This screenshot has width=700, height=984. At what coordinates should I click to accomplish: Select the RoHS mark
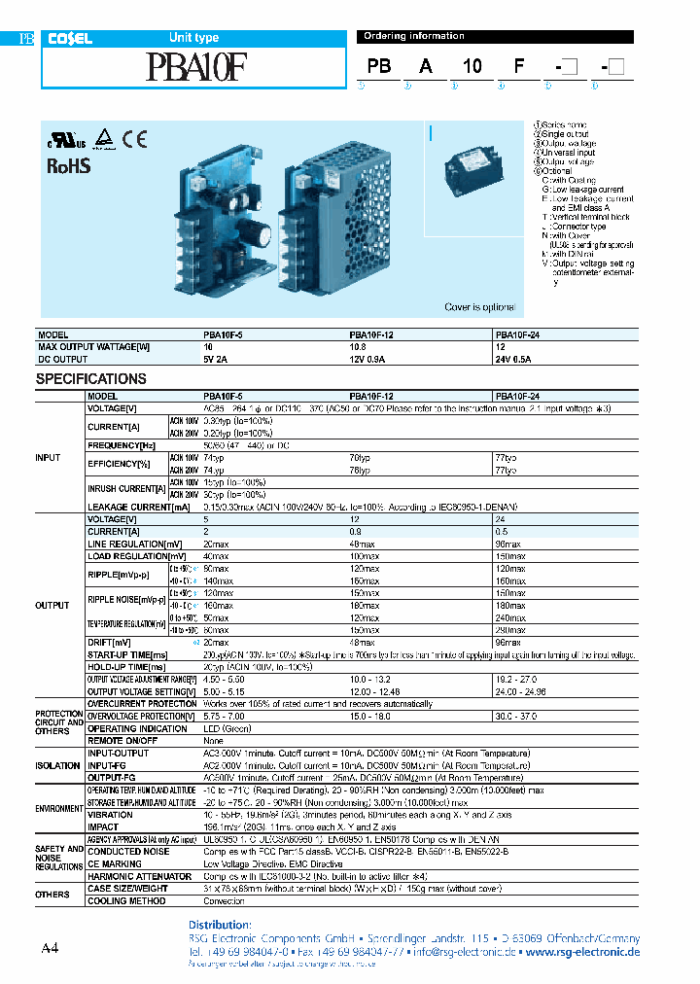click(69, 165)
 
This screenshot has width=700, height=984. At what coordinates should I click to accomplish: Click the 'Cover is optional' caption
click(479, 307)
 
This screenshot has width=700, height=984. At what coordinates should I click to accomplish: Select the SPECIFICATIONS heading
click(91, 379)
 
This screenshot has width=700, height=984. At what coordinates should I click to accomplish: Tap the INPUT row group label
click(48, 457)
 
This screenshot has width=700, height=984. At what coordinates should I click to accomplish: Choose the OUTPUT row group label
click(52, 605)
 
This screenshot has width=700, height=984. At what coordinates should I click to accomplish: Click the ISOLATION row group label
click(57, 765)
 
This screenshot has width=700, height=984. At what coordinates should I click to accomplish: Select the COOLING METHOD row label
click(126, 901)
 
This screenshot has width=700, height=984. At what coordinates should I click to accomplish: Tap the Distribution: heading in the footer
click(218, 924)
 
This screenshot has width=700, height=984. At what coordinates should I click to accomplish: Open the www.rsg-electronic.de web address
click(582, 953)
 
